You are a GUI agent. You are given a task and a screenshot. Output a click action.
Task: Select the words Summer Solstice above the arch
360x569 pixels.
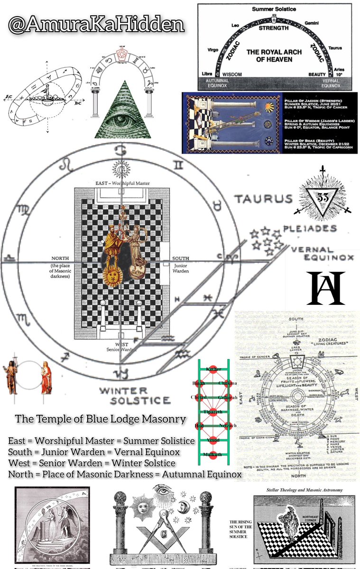pyautogui.click(x=274, y=9)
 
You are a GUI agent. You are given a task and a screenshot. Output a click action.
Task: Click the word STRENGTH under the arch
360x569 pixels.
pyautogui.click(x=274, y=28)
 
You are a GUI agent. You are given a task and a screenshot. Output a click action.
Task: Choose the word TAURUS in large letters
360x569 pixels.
pyautogui.click(x=265, y=199)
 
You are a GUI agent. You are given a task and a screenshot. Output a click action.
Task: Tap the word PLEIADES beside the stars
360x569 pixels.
pyautogui.click(x=316, y=228)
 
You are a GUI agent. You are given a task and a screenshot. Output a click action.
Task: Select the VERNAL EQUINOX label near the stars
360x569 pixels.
pyautogui.click(x=322, y=254)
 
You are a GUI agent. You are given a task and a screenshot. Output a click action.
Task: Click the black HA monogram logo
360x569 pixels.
pyautogui.click(x=325, y=288)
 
